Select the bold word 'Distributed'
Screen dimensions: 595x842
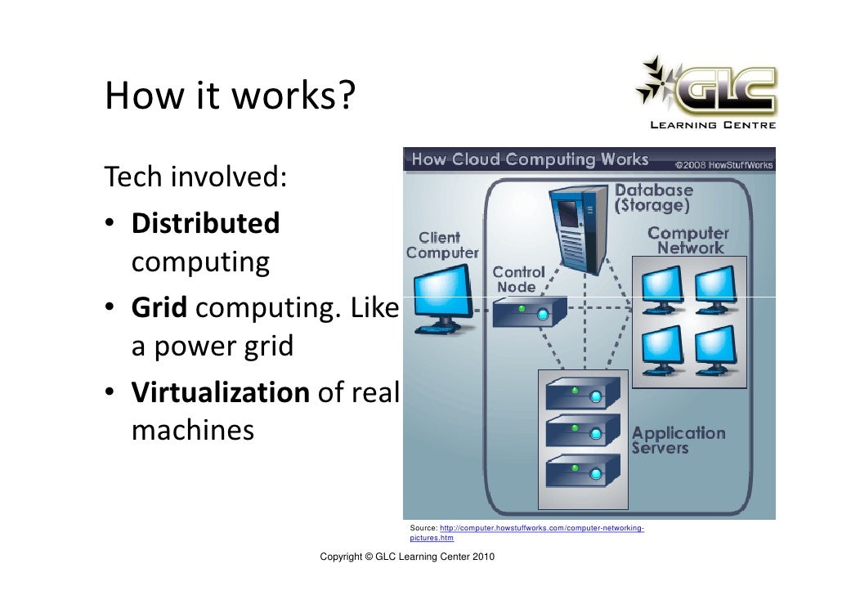(x=205, y=222)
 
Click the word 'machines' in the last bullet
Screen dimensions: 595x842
(x=192, y=430)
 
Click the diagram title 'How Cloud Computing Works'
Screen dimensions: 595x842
(x=530, y=159)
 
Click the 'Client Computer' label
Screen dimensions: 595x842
(x=441, y=245)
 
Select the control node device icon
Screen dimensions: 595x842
(x=530, y=311)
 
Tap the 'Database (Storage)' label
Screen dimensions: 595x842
(x=653, y=197)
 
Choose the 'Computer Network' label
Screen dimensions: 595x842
(x=688, y=240)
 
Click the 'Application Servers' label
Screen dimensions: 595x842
(x=678, y=440)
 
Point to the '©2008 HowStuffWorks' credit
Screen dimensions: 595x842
(x=723, y=164)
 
